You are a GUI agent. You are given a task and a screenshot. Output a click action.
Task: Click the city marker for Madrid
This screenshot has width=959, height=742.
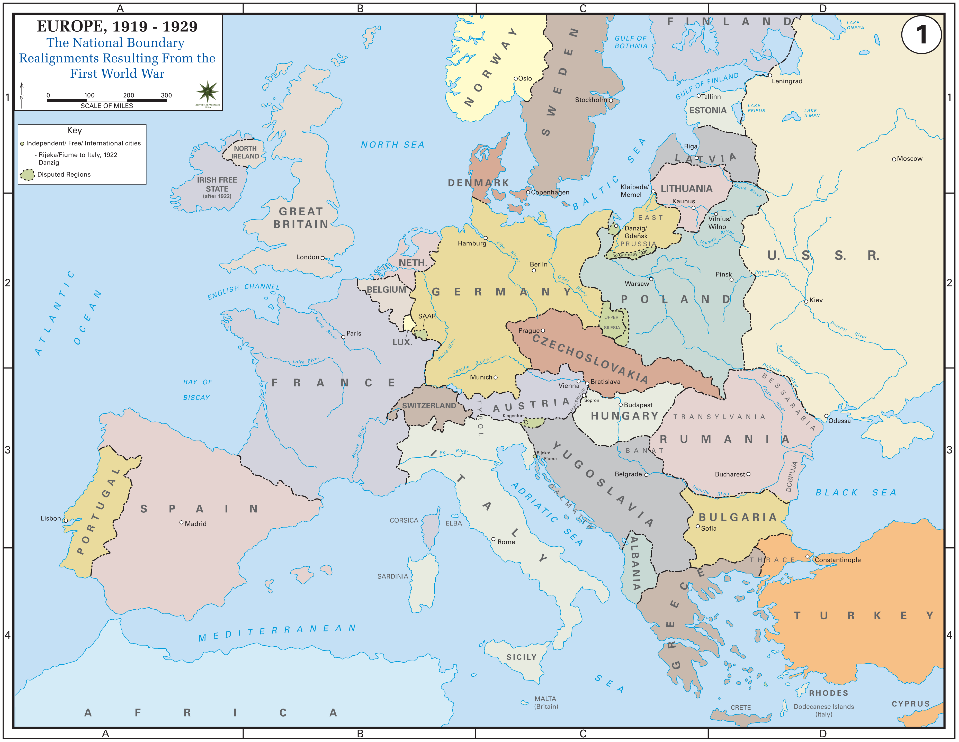pos(181,522)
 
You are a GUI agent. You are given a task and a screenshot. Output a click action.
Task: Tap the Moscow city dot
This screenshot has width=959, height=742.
pos(894,159)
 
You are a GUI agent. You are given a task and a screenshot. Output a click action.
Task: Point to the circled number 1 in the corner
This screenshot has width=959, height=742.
pos(921,34)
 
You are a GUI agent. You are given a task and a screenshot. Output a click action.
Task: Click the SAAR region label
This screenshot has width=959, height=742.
pos(426,316)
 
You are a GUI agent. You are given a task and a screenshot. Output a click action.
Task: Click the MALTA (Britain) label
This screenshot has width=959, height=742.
pos(546,702)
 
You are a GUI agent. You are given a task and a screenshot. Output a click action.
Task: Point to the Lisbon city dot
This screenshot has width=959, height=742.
pos(66,521)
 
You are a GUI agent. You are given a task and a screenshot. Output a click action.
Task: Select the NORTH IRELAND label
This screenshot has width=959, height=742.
pos(245,152)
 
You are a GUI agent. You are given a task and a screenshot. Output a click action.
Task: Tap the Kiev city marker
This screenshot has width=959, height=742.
pos(806,302)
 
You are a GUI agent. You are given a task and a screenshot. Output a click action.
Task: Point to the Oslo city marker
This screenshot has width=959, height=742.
pos(516,79)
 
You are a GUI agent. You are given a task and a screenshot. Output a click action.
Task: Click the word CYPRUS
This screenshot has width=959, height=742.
pos(911,704)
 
